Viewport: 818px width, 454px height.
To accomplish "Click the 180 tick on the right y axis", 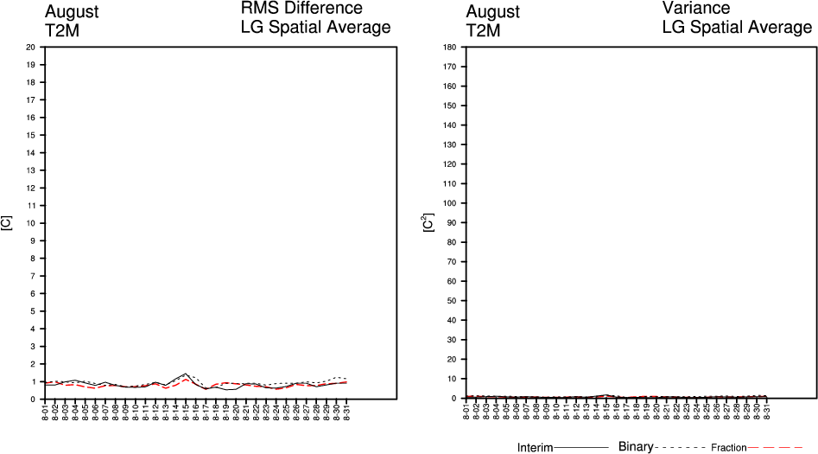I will tap(449, 47).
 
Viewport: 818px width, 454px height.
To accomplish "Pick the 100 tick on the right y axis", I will tap(449, 203).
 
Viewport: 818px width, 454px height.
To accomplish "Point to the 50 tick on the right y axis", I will tap(451, 301).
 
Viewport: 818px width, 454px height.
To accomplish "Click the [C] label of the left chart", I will tap(7, 223).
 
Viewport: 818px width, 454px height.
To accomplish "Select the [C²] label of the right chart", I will tap(428, 223).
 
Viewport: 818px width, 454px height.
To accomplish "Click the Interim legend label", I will tap(535, 448).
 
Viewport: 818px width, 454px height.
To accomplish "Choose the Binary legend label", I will tap(636, 447).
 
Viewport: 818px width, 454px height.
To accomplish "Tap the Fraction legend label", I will tap(728, 448).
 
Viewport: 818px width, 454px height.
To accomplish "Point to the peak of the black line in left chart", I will tap(186, 374).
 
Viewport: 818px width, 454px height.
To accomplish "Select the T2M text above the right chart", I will tap(483, 31).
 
